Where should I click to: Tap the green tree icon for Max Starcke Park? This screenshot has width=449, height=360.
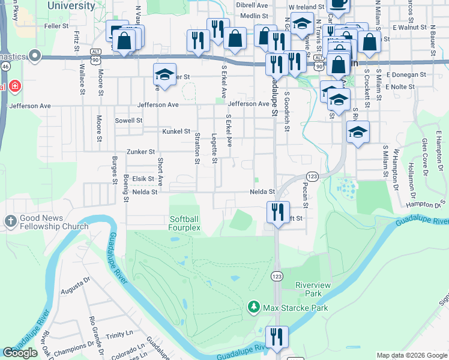point(253,308)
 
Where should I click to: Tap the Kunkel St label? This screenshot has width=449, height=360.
point(176,131)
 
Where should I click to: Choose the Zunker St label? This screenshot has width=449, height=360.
point(140,152)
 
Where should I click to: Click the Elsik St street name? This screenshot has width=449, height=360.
point(143,178)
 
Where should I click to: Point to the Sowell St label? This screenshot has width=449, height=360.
point(128,120)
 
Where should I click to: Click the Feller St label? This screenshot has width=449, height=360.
point(56,26)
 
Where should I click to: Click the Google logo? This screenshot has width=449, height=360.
point(20,353)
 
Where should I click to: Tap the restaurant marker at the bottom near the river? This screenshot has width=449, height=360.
point(277,337)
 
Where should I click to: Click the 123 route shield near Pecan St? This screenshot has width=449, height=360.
point(312,175)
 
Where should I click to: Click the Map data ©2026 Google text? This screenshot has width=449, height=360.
point(411,355)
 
